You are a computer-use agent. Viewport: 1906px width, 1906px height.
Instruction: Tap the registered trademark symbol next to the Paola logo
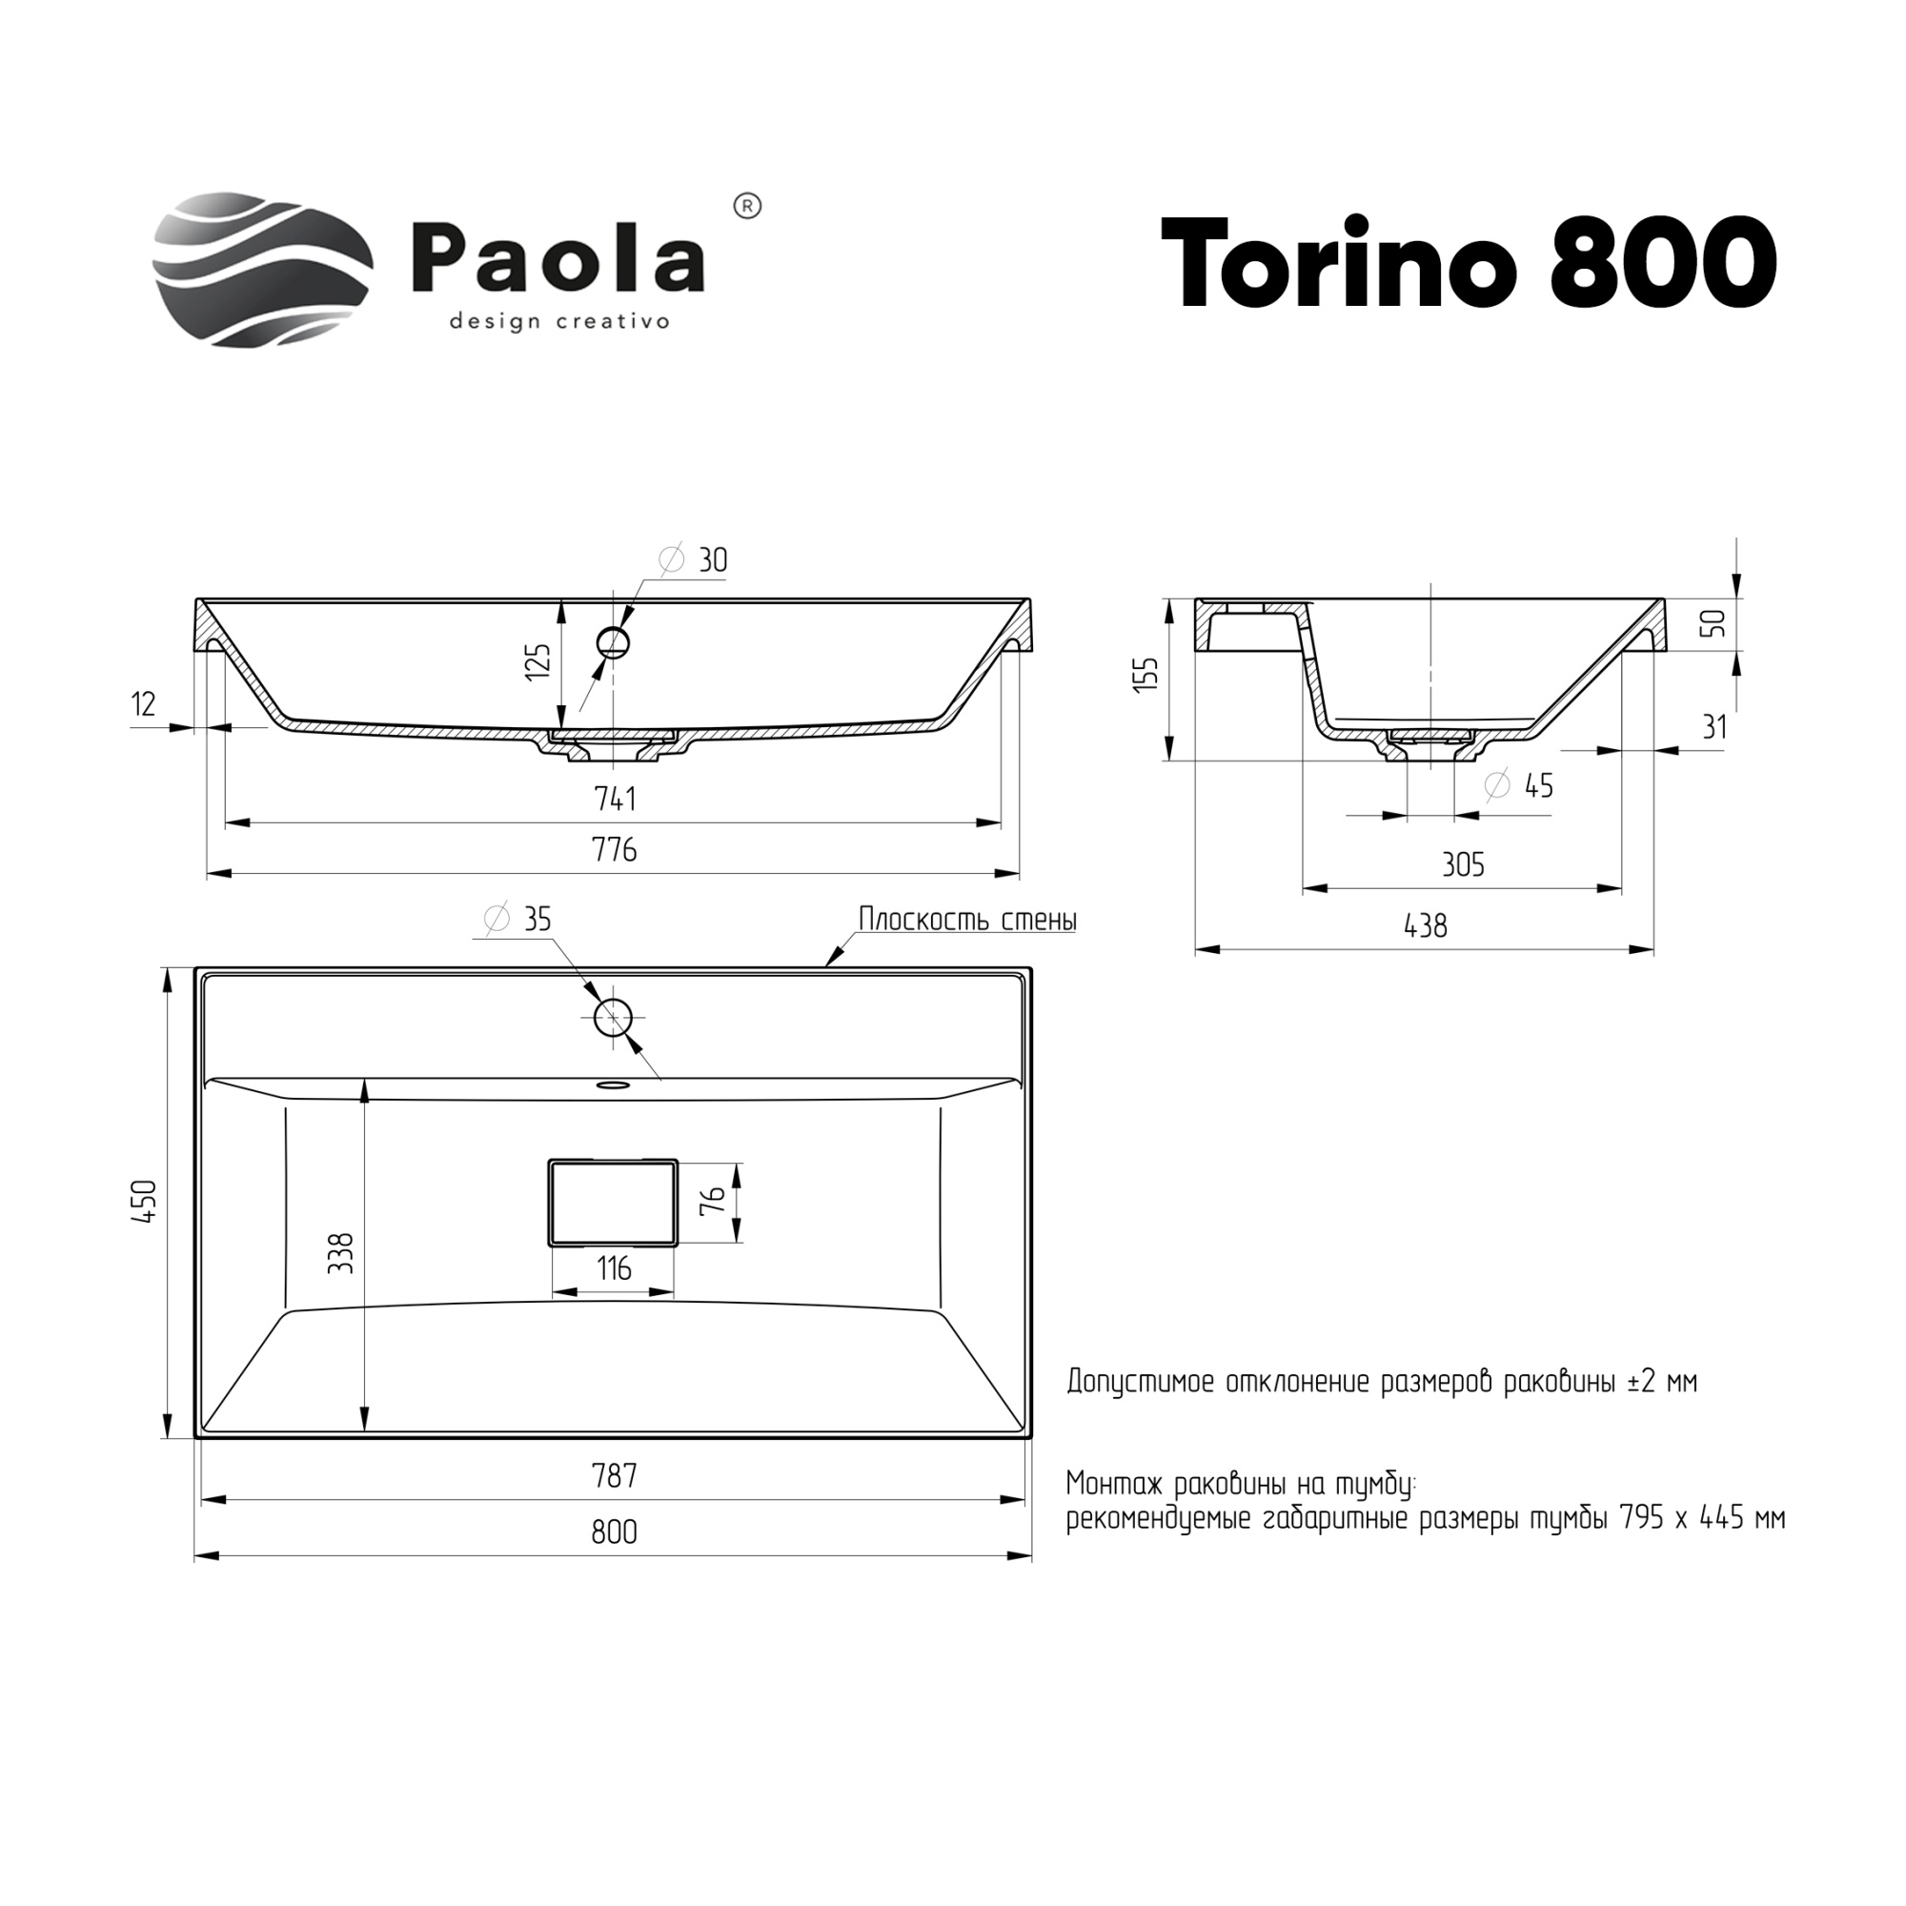(749, 206)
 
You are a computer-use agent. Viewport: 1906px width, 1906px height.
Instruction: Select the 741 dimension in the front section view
(615, 798)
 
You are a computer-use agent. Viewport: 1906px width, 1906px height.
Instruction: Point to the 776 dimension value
(615, 849)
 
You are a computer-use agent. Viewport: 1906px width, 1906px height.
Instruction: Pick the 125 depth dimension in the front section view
(537, 662)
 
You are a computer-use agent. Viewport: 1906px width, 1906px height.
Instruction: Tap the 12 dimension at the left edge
(143, 704)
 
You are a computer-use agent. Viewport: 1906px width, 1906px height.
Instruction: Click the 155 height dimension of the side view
(1146, 675)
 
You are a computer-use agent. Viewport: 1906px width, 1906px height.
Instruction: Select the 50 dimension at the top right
(1715, 622)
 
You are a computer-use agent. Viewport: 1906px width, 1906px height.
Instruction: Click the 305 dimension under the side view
(1462, 865)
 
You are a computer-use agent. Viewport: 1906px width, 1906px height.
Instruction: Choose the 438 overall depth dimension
(1425, 925)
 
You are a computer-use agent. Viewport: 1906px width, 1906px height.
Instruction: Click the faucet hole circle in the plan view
(613, 1016)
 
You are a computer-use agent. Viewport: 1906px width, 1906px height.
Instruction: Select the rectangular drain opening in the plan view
(613, 1202)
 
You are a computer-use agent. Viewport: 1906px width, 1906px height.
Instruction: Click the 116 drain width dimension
(614, 1268)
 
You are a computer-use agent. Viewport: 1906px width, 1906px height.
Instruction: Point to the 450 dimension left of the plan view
(145, 1202)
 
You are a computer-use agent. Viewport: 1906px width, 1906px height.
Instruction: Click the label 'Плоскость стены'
(966, 920)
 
